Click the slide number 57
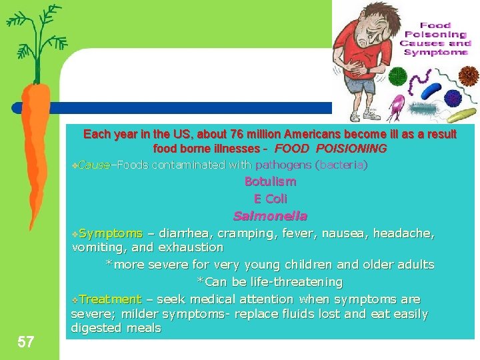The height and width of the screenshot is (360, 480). point(26,342)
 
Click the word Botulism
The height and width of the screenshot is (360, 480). point(270,181)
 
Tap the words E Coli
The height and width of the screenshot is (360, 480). point(270,199)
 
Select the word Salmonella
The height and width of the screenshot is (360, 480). point(270,216)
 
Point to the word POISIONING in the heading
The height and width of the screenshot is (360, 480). point(353,149)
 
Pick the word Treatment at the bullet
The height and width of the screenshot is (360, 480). point(110,299)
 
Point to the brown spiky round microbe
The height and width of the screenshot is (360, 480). point(469,75)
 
